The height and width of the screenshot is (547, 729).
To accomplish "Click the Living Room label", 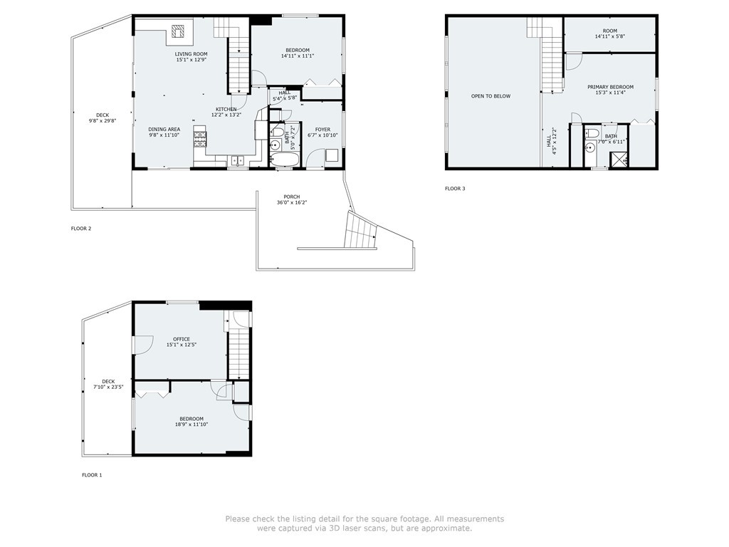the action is click(191, 57).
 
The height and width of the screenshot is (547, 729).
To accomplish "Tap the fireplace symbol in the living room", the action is click(177, 31).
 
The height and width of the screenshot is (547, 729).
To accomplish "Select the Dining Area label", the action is click(164, 132).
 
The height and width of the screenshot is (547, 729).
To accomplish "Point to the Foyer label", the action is click(322, 132).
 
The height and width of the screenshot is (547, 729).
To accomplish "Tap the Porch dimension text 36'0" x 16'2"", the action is click(292, 202).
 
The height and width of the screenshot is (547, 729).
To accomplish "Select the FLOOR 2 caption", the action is click(81, 229).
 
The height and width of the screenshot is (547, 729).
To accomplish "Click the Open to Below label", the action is click(491, 96).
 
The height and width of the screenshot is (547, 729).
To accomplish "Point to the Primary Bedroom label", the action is click(610, 90).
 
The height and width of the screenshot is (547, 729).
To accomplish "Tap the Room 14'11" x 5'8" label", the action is click(610, 33).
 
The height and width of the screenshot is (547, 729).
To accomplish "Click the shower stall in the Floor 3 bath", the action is click(619, 159).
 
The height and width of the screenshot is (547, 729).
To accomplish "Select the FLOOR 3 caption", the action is click(455, 188).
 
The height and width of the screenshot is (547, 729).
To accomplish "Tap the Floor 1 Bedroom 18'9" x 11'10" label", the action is click(192, 422).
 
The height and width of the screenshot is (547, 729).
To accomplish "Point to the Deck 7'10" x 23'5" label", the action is click(108, 384).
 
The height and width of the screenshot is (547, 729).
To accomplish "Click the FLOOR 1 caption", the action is click(92, 475).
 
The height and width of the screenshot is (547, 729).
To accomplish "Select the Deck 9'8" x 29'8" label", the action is click(103, 118).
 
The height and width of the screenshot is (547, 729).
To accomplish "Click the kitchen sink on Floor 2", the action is click(238, 160).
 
